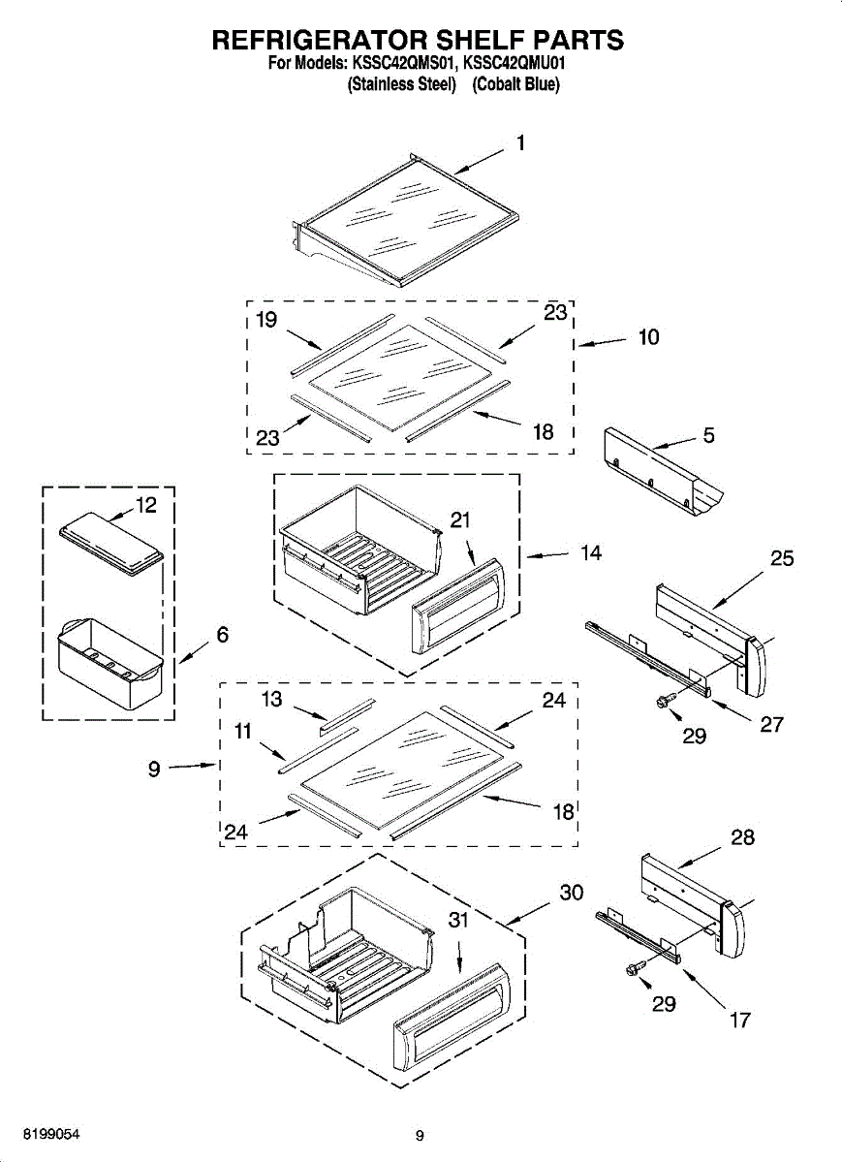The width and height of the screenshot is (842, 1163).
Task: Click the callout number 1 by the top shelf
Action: coord(520,143)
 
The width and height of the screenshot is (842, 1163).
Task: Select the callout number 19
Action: coord(267,321)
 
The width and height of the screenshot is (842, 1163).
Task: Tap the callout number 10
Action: coord(648,336)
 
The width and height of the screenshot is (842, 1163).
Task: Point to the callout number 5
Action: coord(709,436)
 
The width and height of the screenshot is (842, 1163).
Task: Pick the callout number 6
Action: coord(223,635)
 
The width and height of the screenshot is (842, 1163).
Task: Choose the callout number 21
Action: coord(460,519)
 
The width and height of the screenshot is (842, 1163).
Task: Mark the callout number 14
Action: coord(591,552)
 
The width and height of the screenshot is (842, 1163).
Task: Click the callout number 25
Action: coord(782,558)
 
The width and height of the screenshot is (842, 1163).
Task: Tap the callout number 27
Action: coord(772,723)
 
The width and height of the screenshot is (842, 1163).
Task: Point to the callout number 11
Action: coord(242,733)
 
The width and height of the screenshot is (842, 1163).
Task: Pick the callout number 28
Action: coord(743,837)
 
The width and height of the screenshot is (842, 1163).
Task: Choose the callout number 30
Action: coord(572,892)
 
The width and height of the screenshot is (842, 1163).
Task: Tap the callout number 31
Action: coord(458,922)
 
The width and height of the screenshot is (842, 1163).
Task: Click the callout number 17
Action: coord(739,1020)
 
